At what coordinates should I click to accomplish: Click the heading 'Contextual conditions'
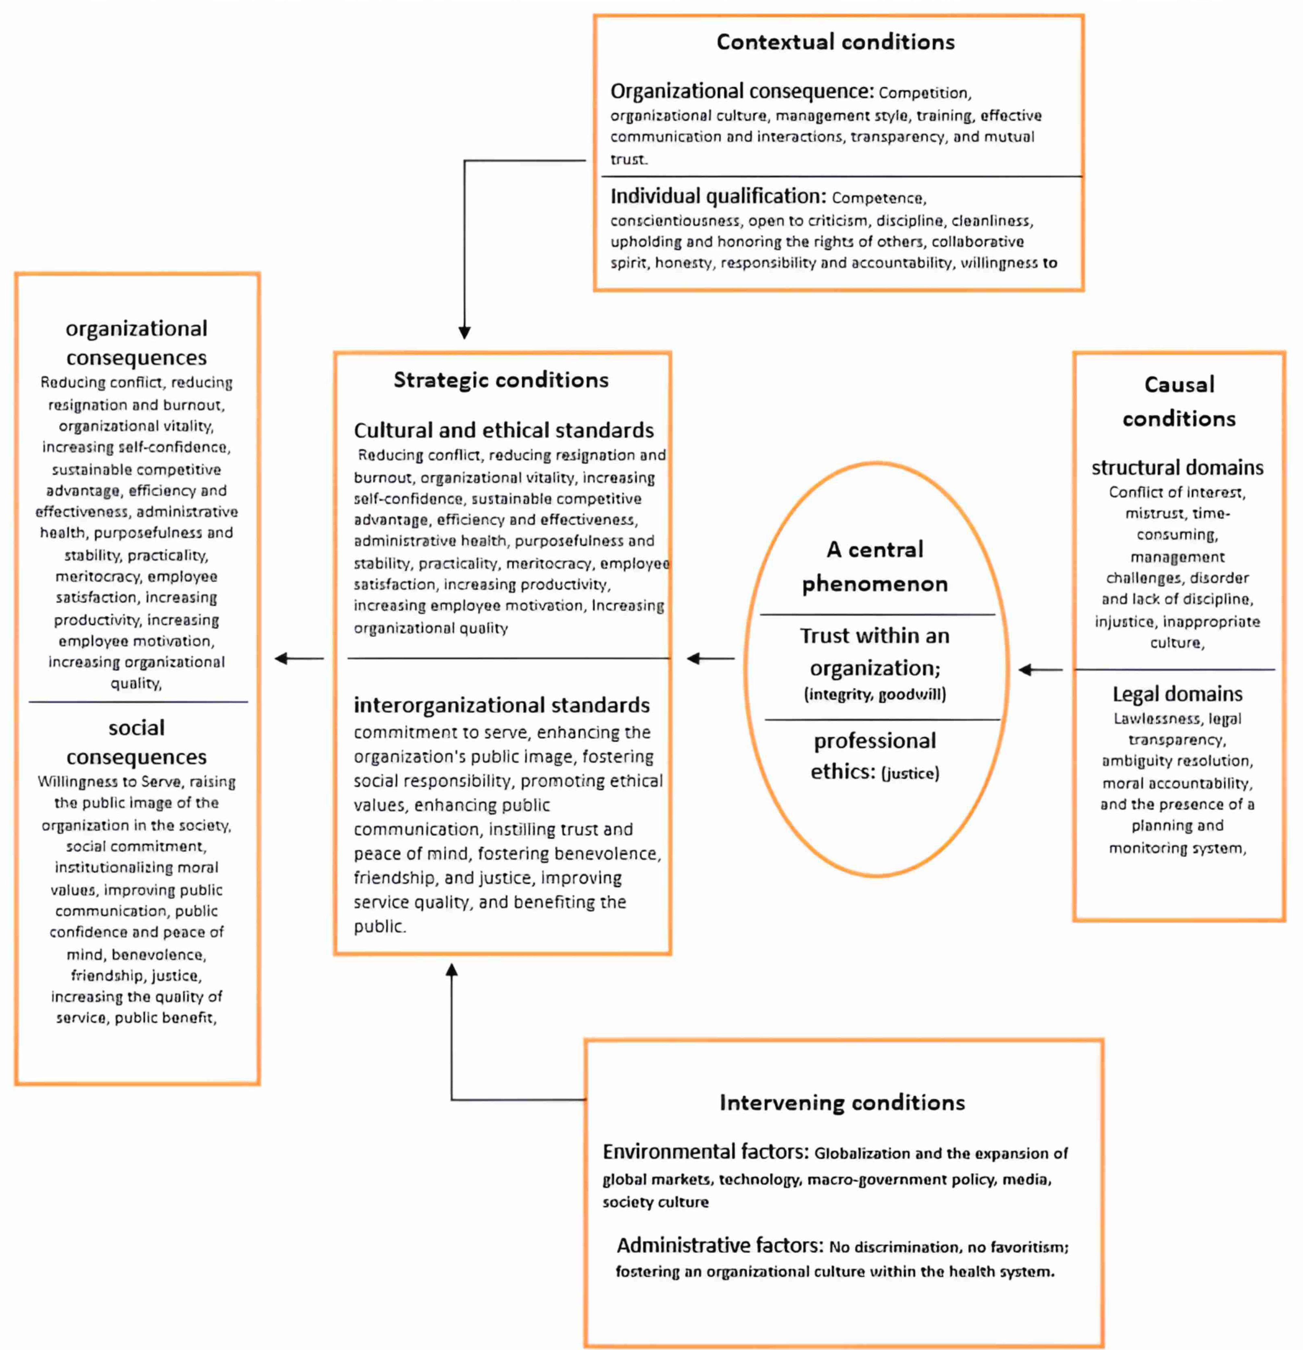pyautogui.click(x=835, y=42)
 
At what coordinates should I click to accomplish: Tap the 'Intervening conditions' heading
pyautogui.click(x=842, y=1103)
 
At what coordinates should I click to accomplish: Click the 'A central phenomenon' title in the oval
pyautogui.click(x=874, y=566)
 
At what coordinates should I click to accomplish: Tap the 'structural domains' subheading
pyautogui.click(x=1177, y=468)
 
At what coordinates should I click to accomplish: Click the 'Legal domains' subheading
pyautogui.click(x=1177, y=693)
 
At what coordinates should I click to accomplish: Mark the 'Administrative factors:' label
pyautogui.click(x=719, y=1245)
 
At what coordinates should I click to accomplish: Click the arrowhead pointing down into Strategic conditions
pyautogui.click(x=464, y=333)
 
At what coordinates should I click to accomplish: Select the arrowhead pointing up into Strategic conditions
pyautogui.click(x=451, y=970)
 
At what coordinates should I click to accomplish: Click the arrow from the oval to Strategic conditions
pyautogui.click(x=711, y=658)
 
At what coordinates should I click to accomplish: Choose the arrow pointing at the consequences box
pyautogui.click(x=298, y=658)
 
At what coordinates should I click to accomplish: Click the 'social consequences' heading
pyautogui.click(x=137, y=742)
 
